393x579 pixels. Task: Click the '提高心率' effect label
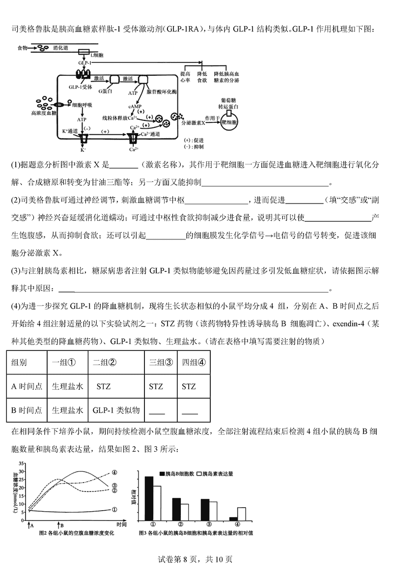click(x=185, y=76)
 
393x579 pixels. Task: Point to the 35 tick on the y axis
click(x=22, y=463)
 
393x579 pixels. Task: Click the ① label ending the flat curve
click(x=114, y=510)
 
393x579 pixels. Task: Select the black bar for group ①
click(x=148, y=498)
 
